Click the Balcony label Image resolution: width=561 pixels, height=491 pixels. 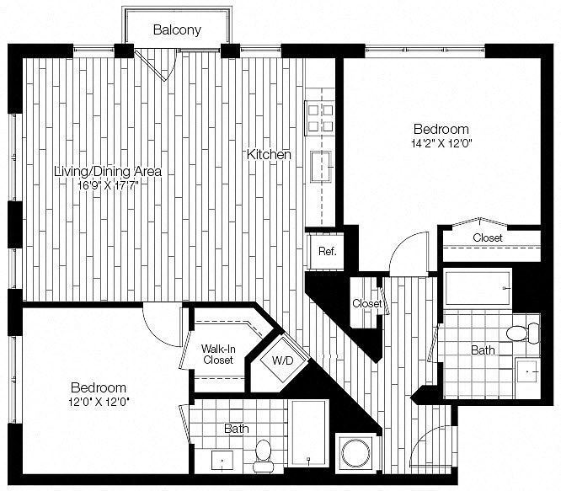click(177, 30)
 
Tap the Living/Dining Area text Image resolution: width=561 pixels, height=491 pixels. click(107, 172)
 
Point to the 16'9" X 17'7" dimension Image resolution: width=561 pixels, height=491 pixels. click(107, 185)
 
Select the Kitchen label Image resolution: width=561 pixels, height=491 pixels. click(269, 155)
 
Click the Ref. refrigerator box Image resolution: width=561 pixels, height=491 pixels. click(326, 251)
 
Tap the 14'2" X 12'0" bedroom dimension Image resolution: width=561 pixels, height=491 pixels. click(441, 143)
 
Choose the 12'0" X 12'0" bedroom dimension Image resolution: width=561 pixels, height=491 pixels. click(99, 402)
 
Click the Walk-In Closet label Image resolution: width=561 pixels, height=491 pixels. click(217, 354)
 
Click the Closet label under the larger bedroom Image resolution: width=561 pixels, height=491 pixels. click(487, 238)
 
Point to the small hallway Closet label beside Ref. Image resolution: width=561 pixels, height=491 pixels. click(366, 303)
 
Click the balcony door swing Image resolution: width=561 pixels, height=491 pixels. click(160, 63)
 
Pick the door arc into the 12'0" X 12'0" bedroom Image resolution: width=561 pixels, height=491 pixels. click(162, 318)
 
